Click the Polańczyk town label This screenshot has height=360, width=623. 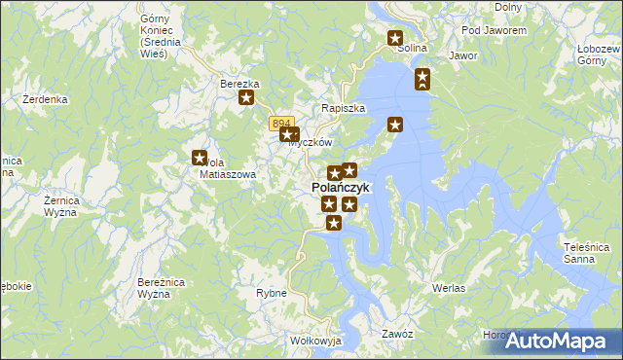coord(340,187)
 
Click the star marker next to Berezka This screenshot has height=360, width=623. coord(247,97)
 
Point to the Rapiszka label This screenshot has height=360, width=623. coord(344,108)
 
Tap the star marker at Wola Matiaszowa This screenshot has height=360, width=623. coord(200,158)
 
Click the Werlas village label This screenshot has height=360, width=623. coord(448,289)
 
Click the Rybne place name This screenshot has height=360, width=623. coord(271,293)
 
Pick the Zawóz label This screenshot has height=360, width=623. coord(398,334)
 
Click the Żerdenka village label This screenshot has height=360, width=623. coord(45,99)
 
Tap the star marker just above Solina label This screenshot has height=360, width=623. coord(395,39)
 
